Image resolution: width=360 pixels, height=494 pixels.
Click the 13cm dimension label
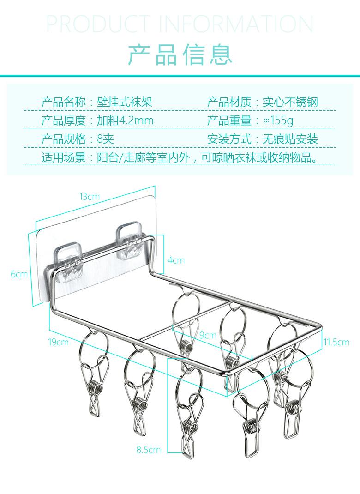tap(89, 197)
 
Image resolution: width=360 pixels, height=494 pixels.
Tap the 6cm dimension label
tap(19, 274)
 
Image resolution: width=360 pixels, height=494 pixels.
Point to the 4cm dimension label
tap(175, 260)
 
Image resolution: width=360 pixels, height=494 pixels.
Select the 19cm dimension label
tap(59, 342)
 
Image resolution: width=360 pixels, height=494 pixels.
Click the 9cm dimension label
tap(208, 335)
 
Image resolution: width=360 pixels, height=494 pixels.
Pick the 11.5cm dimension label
tap(336, 342)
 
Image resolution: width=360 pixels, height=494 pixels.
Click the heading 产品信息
tap(180, 54)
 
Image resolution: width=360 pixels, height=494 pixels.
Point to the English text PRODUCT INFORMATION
tap(180, 24)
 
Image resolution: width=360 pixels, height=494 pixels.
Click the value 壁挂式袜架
tap(124, 102)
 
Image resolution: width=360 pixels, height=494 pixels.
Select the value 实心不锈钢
tap(290, 102)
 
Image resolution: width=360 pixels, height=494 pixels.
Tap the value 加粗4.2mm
tap(125, 121)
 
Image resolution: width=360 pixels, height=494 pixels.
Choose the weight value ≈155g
tap(278, 121)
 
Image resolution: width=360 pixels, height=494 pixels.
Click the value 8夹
tap(105, 139)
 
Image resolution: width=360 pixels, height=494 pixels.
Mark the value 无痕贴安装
tap(290, 139)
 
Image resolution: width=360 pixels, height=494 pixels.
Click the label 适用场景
tap(64, 157)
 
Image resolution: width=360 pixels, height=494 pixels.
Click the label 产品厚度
tap(64, 121)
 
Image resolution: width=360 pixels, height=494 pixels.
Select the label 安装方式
tap(229, 139)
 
